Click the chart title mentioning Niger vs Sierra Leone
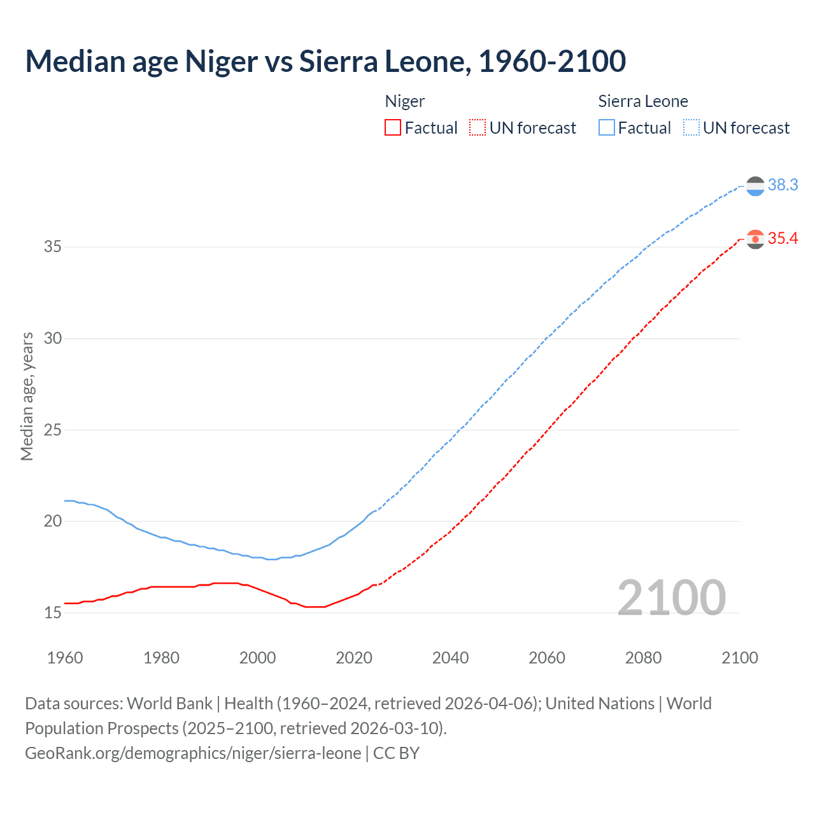(325, 61)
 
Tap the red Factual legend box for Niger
(393, 128)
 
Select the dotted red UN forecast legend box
(478, 128)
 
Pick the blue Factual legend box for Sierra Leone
(607, 128)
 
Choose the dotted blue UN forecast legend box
(691, 128)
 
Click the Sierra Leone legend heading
(643, 101)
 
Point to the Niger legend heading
(405, 101)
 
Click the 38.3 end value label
(783, 185)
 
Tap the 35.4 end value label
(783, 239)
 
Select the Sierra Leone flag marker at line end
(755, 186)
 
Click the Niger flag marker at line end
(755, 239)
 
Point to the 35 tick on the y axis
(53, 247)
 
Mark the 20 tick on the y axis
(53, 521)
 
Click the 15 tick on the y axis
(53, 613)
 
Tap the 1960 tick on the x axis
(65, 658)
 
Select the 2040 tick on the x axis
(450, 658)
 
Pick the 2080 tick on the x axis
(643, 658)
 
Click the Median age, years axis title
(27, 396)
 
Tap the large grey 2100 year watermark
(671, 597)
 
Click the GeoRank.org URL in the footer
(193, 753)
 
